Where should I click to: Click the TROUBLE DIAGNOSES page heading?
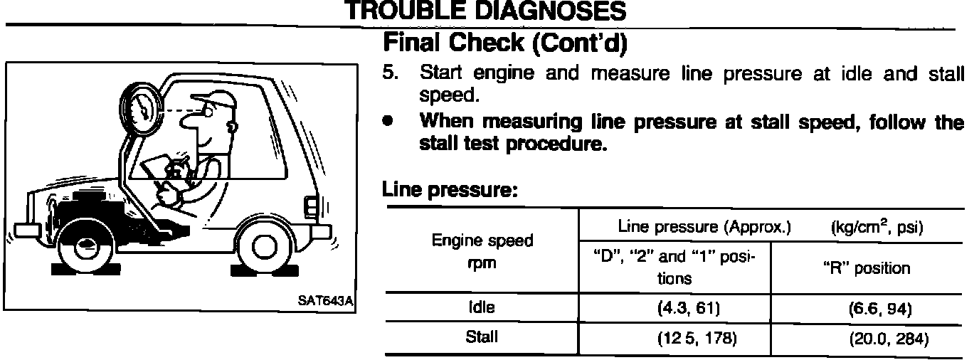tap(485, 11)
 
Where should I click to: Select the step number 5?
tap(388, 73)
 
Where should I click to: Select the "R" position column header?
tap(867, 268)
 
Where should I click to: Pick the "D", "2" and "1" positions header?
tap(674, 268)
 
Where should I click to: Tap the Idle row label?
tap(481, 307)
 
